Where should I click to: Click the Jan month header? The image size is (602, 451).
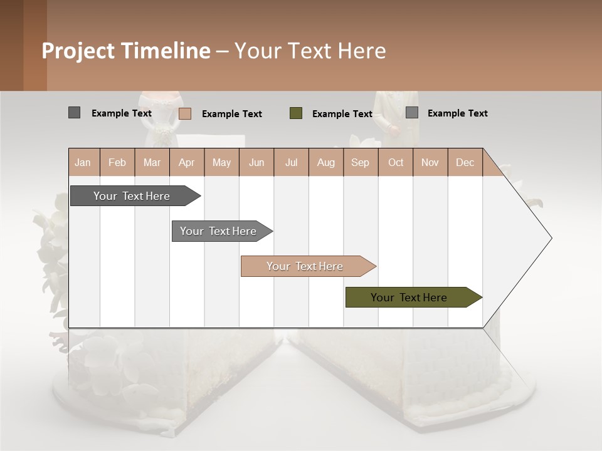click(x=83, y=162)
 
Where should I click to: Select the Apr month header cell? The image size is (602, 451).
click(x=186, y=162)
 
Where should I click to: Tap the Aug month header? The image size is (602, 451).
click(x=325, y=162)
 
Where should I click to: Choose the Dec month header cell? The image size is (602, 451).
click(x=465, y=162)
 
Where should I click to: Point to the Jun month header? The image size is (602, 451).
click(x=256, y=162)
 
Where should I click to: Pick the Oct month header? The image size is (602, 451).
click(x=395, y=162)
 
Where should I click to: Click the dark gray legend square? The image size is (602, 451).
click(x=74, y=113)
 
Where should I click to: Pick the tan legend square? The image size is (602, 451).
click(x=184, y=113)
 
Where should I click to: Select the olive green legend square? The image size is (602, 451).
click(x=295, y=113)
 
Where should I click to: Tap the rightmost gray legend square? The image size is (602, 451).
click(x=411, y=113)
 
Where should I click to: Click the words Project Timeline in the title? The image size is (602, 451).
click(x=126, y=51)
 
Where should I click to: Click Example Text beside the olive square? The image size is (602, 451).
click(x=342, y=114)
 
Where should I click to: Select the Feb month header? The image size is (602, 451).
click(x=117, y=162)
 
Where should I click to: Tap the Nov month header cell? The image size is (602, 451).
click(x=430, y=162)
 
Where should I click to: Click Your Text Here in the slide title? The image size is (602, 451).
click(x=310, y=51)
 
